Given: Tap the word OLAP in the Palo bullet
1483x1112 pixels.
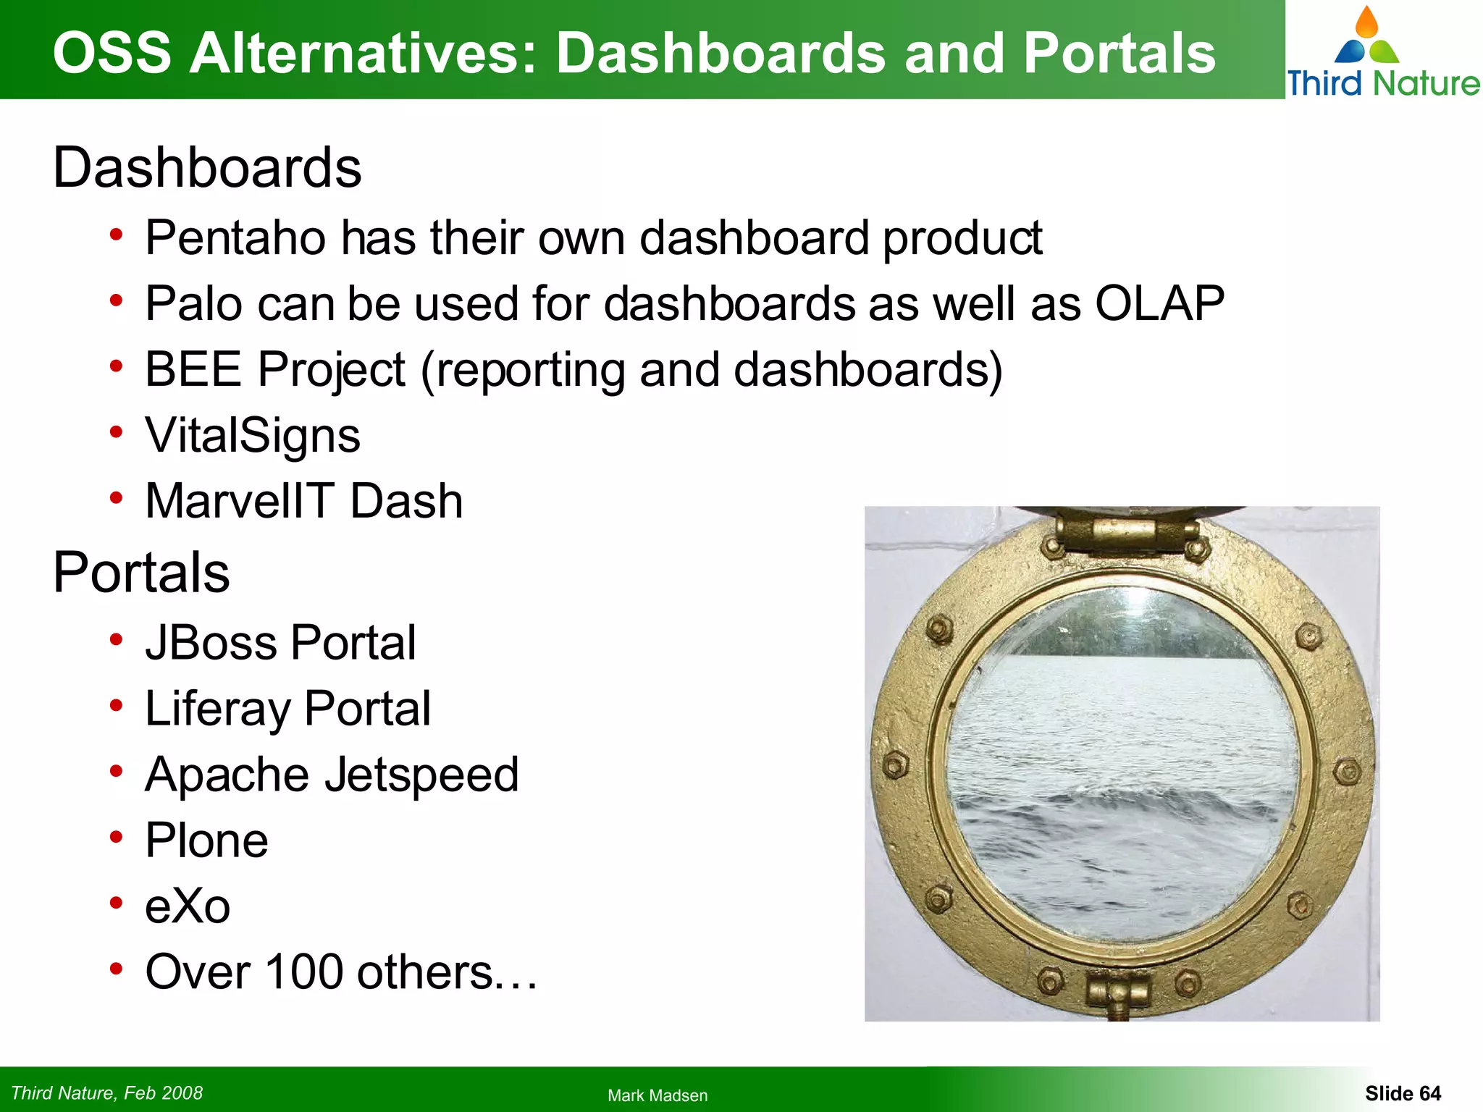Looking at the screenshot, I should pyautogui.click(x=1159, y=303).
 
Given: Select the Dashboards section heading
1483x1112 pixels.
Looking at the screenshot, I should pyautogui.click(x=207, y=168).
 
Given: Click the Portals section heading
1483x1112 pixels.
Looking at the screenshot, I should pyautogui.click(x=142, y=573).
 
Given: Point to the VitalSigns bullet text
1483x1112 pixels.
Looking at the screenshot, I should pyautogui.click(x=253, y=436).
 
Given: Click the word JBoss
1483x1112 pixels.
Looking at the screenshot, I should pyautogui.click(x=211, y=643).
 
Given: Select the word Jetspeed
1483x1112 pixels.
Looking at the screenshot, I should pyautogui.click(x=421, y=775).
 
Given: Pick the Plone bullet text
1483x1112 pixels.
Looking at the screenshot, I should pyautogui.click(x=206, y=841).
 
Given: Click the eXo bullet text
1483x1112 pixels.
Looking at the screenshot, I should pyautogui.click(x=188, y=906).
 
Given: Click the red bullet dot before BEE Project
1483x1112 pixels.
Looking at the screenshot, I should pyautogui.click(x=116, y=367).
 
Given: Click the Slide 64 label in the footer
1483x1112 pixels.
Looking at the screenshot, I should pyautogui.click(x=1403, y=1093).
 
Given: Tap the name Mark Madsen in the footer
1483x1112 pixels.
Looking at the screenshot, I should pyautogui.click(x=658, y=1095).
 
